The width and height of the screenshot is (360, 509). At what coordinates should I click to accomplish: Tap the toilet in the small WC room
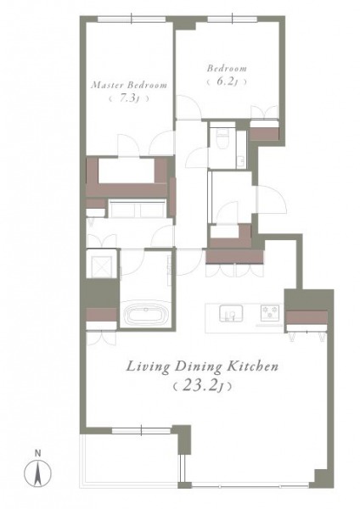[222, 139]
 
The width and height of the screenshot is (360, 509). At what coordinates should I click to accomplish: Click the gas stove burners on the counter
[270, 312]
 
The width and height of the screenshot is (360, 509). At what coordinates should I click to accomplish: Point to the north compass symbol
[37, 473]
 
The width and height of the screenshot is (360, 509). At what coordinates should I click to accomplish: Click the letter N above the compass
[37, 453]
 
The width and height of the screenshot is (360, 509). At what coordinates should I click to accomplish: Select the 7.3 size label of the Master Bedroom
[127, 98]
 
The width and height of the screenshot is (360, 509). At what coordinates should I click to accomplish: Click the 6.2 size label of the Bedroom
[225, 81]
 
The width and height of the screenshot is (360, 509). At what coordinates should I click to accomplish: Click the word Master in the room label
[107, 85]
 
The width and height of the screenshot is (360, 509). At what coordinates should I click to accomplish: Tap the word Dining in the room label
[198, 367]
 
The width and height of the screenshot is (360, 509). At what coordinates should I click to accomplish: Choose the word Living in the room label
[148, 367]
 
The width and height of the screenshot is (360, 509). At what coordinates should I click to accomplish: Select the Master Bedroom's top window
[132, 20]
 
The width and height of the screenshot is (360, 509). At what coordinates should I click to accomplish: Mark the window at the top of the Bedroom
[232, 20]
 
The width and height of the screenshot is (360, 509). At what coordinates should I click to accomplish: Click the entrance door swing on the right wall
[272, 199]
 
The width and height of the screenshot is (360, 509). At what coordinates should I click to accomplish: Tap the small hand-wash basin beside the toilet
[241, 161]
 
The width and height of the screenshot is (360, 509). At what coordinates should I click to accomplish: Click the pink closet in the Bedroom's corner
[264, 134]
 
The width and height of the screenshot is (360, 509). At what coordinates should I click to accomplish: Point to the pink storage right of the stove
[307, 317]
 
